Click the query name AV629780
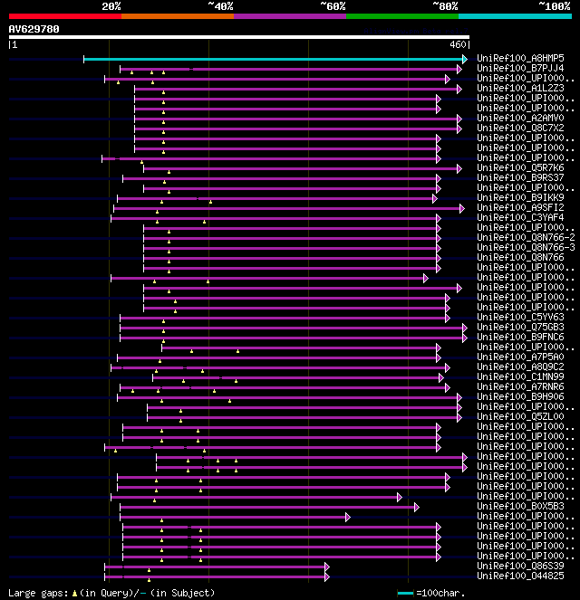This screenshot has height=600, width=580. tap(34, 29)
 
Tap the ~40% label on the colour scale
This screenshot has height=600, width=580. tap(220, 6)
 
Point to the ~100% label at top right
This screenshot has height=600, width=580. tap(555, 6)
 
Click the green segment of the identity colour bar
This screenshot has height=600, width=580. tap(401, 15)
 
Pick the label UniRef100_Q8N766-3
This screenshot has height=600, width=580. tap(526, 247)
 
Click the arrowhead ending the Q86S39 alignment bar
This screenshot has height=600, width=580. tap(326, 567)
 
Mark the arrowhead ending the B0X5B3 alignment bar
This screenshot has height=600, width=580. tap(416, 507)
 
